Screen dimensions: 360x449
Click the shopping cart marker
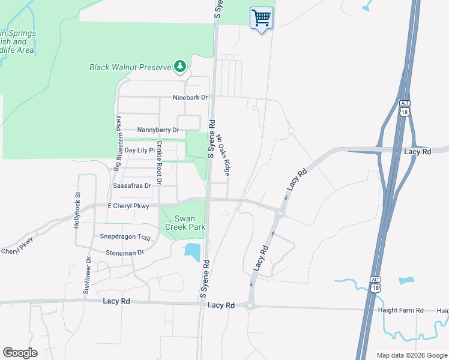(261, 18)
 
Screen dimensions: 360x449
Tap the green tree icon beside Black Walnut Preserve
(179, 66)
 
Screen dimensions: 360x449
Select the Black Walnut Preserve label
(130, 67)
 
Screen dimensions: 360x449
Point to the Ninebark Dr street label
(190, 97)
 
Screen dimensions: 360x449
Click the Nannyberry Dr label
(158, 130)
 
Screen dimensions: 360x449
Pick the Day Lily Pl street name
(139, 150)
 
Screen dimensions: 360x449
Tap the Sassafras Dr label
(132, 186)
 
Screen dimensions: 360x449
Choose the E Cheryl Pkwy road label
(128, 206)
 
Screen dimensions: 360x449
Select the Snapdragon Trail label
(125, 236)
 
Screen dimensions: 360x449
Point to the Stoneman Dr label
(125, 253)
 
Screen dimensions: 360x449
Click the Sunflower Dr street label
(88, 275)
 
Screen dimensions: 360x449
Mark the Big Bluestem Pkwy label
(118, 143)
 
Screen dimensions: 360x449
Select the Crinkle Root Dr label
(160, 163)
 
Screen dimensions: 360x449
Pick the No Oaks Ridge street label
(223, 154)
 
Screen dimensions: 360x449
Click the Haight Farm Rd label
(401, 310)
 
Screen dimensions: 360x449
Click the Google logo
(20, 353)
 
